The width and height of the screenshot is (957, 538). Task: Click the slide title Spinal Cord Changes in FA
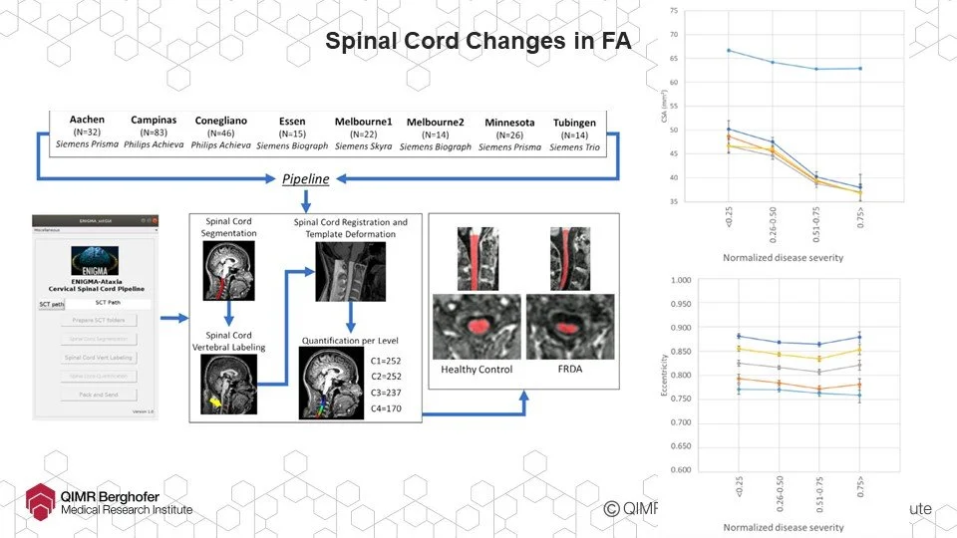[x=478, y=42]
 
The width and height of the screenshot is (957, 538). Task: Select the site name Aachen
[x=88, y=121]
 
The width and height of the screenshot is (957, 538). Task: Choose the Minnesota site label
[x=509, y=123]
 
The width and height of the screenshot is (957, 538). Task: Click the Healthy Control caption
[x=477, y=370]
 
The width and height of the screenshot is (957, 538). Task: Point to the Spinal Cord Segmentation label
[x=229, y=226]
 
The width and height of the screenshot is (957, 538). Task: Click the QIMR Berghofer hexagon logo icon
[x=39, y=499]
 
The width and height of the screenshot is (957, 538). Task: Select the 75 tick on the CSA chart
[x=674, y=10]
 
